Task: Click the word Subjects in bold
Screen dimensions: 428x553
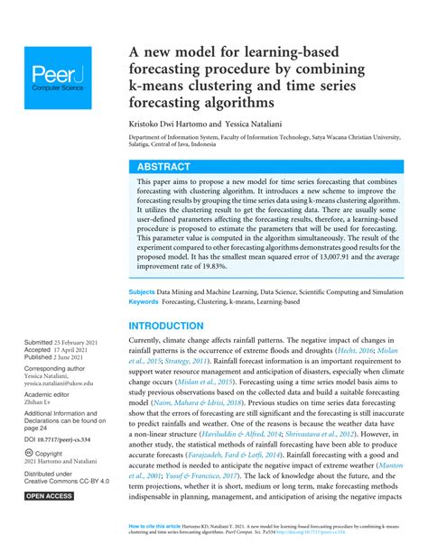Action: (142, 293)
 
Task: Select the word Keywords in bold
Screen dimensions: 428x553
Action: (145, 303)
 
